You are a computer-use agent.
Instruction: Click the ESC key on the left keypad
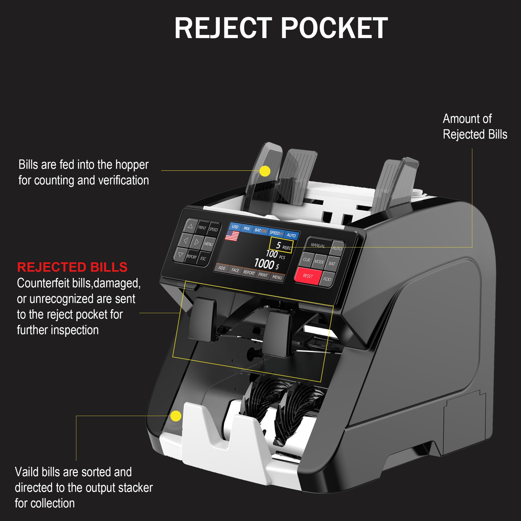pos(203,259)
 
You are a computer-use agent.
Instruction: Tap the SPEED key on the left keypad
pos(213,229)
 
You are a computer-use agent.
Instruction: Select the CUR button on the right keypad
pos(307,260)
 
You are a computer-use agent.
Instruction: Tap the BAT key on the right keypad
pos(332,263)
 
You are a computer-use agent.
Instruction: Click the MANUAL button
pos(318,245)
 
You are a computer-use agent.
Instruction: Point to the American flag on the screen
pos(232,236)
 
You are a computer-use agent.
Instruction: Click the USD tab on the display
pos(235,227)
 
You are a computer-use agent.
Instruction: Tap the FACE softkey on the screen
pos(235,270)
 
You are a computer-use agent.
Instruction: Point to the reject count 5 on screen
pos(278,245)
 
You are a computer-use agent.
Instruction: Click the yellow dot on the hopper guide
pos(265,171)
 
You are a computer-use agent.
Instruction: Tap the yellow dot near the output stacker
pos(176,416)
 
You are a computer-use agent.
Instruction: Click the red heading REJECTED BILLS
pos(72,267)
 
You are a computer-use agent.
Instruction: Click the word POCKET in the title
pos(334,28)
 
